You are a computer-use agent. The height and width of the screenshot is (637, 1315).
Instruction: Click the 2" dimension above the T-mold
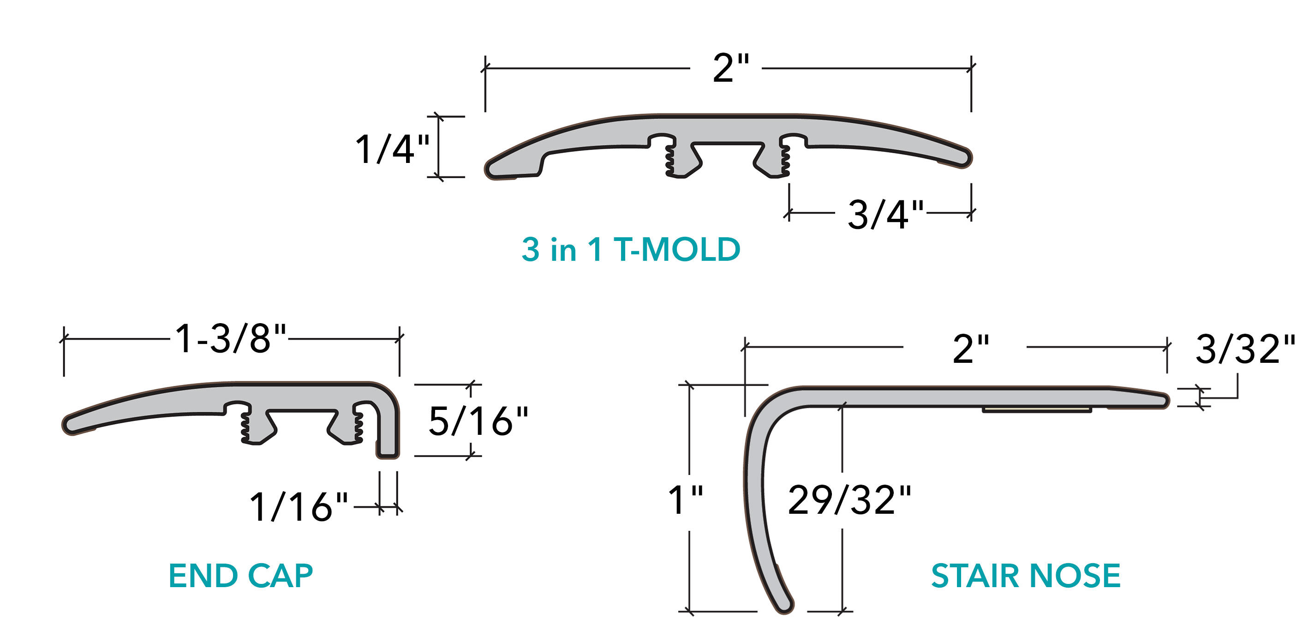tap(730, 68)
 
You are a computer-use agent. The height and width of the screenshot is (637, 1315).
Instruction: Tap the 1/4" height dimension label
tap(392, 149)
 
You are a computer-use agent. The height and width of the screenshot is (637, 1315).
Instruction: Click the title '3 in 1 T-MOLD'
tap(630, 250)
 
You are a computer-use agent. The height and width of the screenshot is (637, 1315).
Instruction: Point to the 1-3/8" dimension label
tap(231, 339)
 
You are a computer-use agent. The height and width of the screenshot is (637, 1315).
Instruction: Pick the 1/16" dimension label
tap(299, 507)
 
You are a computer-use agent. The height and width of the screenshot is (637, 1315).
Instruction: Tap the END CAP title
tap(240, 576)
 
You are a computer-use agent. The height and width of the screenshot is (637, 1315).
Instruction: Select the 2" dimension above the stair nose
tap(970, 349)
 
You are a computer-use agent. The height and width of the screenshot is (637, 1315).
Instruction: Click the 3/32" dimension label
tap(1245, 349)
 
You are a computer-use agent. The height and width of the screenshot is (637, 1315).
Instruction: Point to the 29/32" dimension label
tap(849, 500)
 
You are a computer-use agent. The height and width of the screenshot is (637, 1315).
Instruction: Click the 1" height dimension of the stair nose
tap(686, 499)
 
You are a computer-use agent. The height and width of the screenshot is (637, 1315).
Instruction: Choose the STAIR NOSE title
tap(1026, 576)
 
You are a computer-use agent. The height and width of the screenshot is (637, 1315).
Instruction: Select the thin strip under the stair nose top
tap(1036, 410)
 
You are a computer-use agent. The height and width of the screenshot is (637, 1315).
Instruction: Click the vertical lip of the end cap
tap(388, 429)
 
